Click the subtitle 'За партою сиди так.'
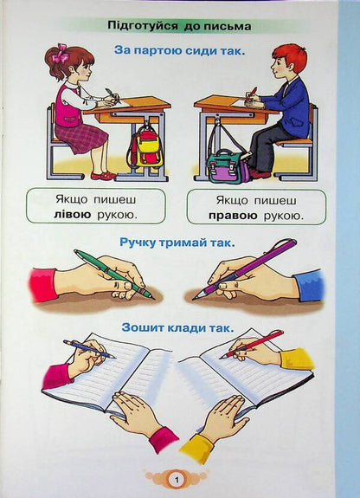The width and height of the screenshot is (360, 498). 180,51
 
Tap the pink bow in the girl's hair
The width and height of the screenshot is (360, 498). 60,56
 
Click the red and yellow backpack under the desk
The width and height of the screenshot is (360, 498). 146,147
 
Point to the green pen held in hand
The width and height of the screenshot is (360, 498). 112,274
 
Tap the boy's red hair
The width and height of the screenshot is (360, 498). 288,56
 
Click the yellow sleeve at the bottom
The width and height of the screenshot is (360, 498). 199,448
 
